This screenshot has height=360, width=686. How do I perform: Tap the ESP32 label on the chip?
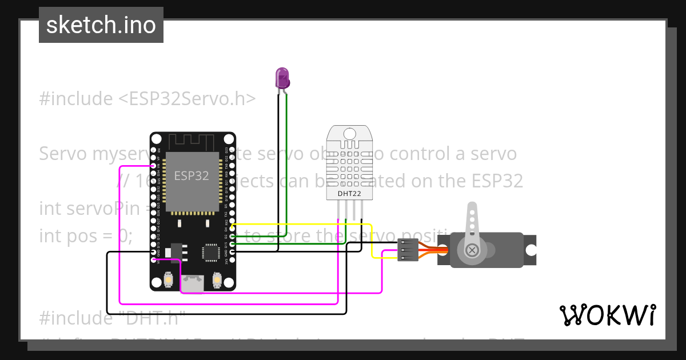(192, 175)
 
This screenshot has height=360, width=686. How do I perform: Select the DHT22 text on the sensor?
(349, 194)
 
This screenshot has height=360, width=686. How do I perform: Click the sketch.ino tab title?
(101, 25)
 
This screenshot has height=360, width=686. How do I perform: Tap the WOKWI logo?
(607, 315)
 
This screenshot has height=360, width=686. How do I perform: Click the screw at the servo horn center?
(472, 250)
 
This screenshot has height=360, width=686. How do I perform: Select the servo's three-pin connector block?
(408, 250)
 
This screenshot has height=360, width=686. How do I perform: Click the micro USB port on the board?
(193, 283)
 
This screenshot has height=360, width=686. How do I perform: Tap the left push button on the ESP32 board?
(169, 279)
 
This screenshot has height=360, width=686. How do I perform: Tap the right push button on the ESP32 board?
(217, 279)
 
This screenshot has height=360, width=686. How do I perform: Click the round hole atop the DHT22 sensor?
(349, 134)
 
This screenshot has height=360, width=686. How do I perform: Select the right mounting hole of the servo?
(531, 250)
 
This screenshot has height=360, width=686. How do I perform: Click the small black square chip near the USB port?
(211, 252)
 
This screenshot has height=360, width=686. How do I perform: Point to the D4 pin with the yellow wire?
(232, 226)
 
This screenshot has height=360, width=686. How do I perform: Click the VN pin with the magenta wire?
(154, 166)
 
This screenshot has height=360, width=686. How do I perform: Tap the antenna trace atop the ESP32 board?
(192, 141)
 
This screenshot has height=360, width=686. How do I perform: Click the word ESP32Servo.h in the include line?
(188, 98)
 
